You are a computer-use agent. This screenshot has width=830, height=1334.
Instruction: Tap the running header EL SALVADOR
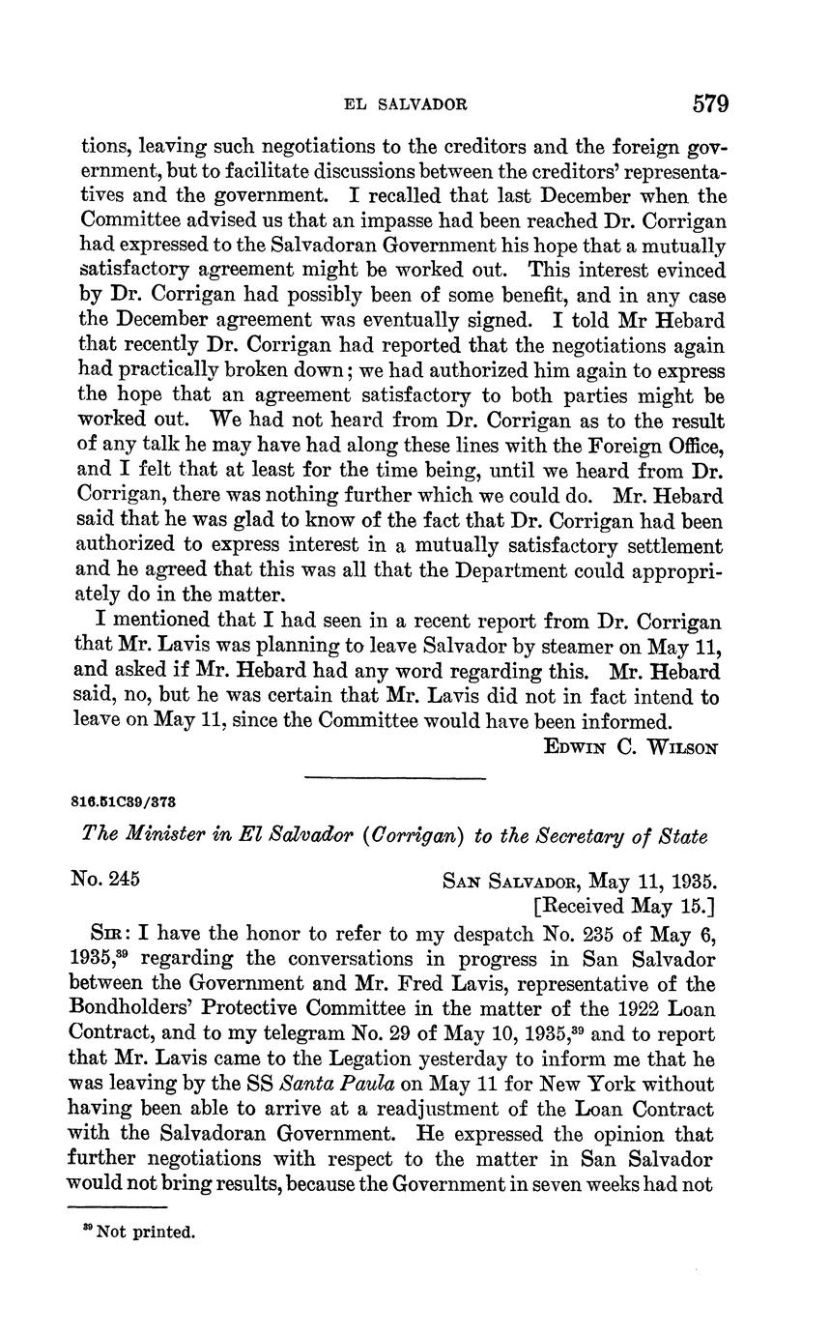coord(407,103)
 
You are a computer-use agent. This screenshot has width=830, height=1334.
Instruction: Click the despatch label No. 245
coord(106,880)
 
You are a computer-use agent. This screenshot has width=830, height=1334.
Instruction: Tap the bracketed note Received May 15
coord(624,906)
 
